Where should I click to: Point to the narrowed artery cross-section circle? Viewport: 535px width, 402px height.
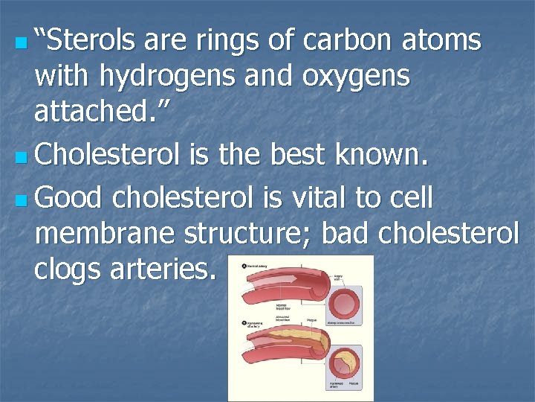(x=346, y=365)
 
